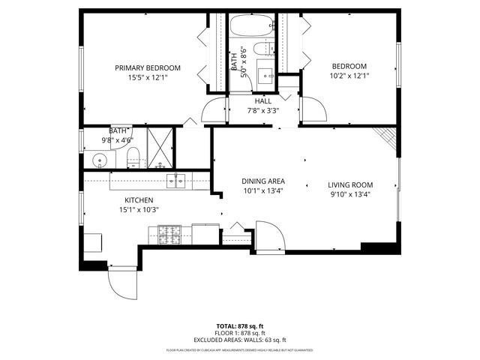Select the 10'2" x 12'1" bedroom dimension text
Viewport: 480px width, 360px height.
pos(349,76)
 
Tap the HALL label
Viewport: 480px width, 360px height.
pos(262,100)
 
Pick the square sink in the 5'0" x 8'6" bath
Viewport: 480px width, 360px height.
pos(265,76)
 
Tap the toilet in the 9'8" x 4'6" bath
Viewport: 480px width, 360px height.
pos(133,157)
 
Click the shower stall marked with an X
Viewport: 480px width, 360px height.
pos(159,147)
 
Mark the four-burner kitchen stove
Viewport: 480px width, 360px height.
pos(169,234)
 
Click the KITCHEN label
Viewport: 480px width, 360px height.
pos(139,199)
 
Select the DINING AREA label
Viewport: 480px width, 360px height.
pos(262,181)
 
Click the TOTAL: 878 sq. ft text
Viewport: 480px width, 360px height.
pos(240,326)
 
